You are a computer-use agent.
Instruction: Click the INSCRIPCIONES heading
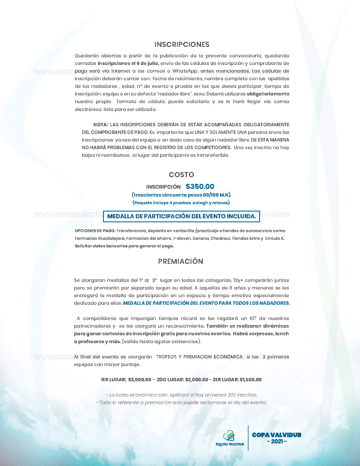point(182,44)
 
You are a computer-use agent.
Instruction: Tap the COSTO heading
point(181,175)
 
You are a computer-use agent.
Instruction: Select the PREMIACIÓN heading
point(180,261)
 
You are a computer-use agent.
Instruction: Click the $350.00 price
point(200,186)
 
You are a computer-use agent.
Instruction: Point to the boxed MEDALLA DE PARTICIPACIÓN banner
point(181,216)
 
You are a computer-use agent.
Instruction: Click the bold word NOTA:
point(101,125)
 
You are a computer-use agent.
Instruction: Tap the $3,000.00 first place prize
point(139,380)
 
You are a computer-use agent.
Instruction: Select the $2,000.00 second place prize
point(197,380)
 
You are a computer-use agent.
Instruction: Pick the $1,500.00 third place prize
point(250,380)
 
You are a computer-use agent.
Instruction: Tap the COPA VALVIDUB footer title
point(276,435)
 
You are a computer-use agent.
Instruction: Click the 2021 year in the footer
point(277,441)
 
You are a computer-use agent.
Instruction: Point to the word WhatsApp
point(185,71)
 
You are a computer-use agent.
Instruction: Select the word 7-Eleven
point(182,238)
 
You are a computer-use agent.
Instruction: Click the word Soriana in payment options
point(201,238)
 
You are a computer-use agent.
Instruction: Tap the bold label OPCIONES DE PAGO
point(95,231)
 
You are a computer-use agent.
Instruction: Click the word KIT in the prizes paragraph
point(253,318)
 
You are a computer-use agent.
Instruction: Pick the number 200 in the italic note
point(232,395)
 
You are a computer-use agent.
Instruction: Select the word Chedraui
point(220,238)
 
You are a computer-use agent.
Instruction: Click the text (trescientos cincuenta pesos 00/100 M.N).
point(182,195)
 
